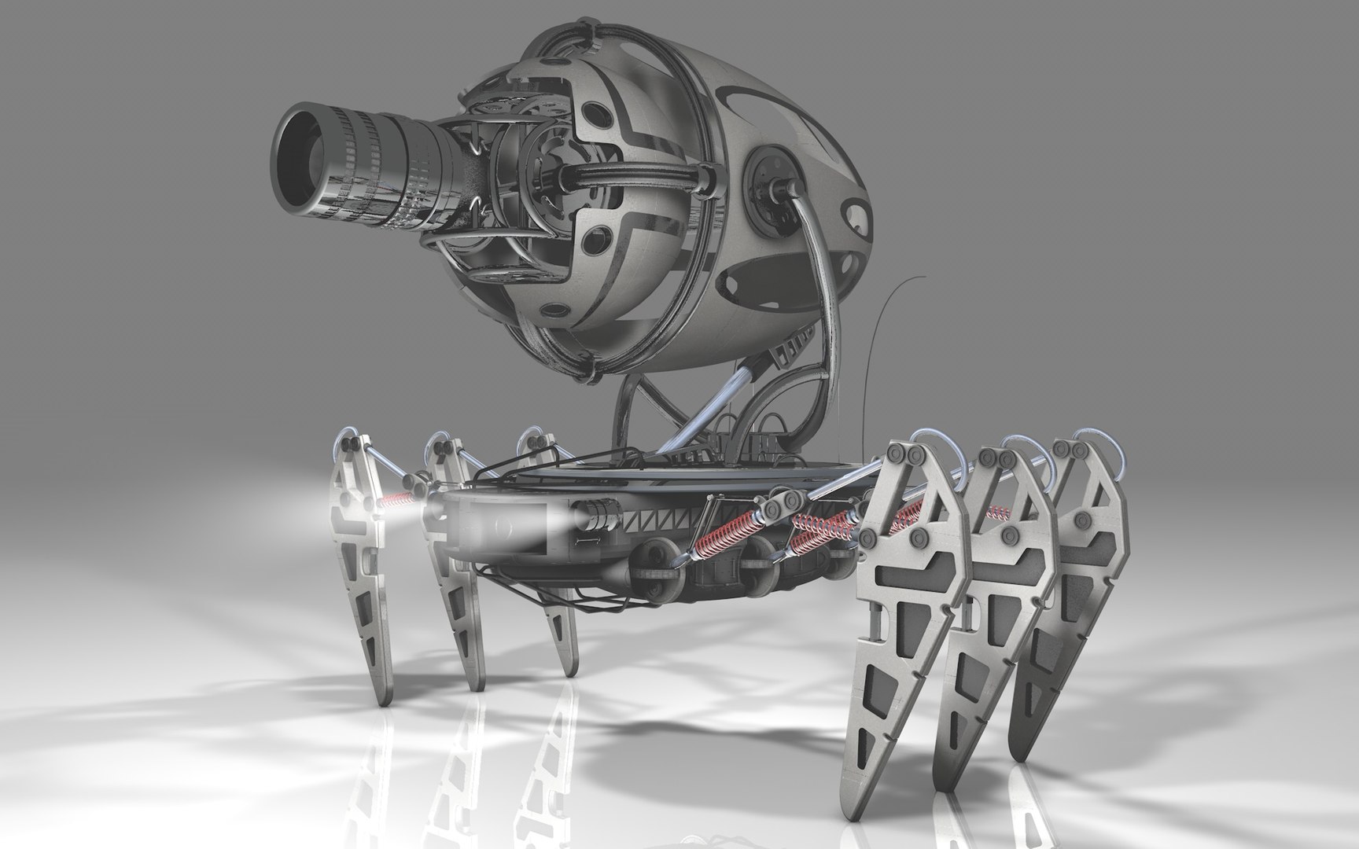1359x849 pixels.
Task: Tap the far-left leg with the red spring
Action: [x=358, y=550]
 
